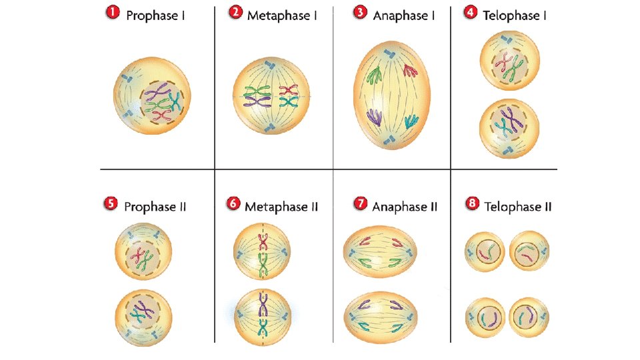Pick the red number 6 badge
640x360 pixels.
click(x=233, y=205)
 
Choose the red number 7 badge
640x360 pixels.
click(x=360, y=205)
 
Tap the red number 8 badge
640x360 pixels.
click(x=472, y=205)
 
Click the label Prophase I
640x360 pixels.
click(x=156, y=15)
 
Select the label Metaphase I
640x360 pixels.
click(x=282, y=15)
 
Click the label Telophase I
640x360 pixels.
click(x=515, y=15)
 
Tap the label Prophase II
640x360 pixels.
click(x=155, y=207)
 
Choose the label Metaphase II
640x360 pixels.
click(x=281, y=207)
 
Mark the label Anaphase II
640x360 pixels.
click(x=405, y=207)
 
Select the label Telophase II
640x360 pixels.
click(x=518, y=207)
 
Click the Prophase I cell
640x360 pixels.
click(x=152, y=100)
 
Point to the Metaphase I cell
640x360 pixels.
click(x=271, y=97)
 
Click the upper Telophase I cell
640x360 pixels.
click(x=509, y=64)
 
